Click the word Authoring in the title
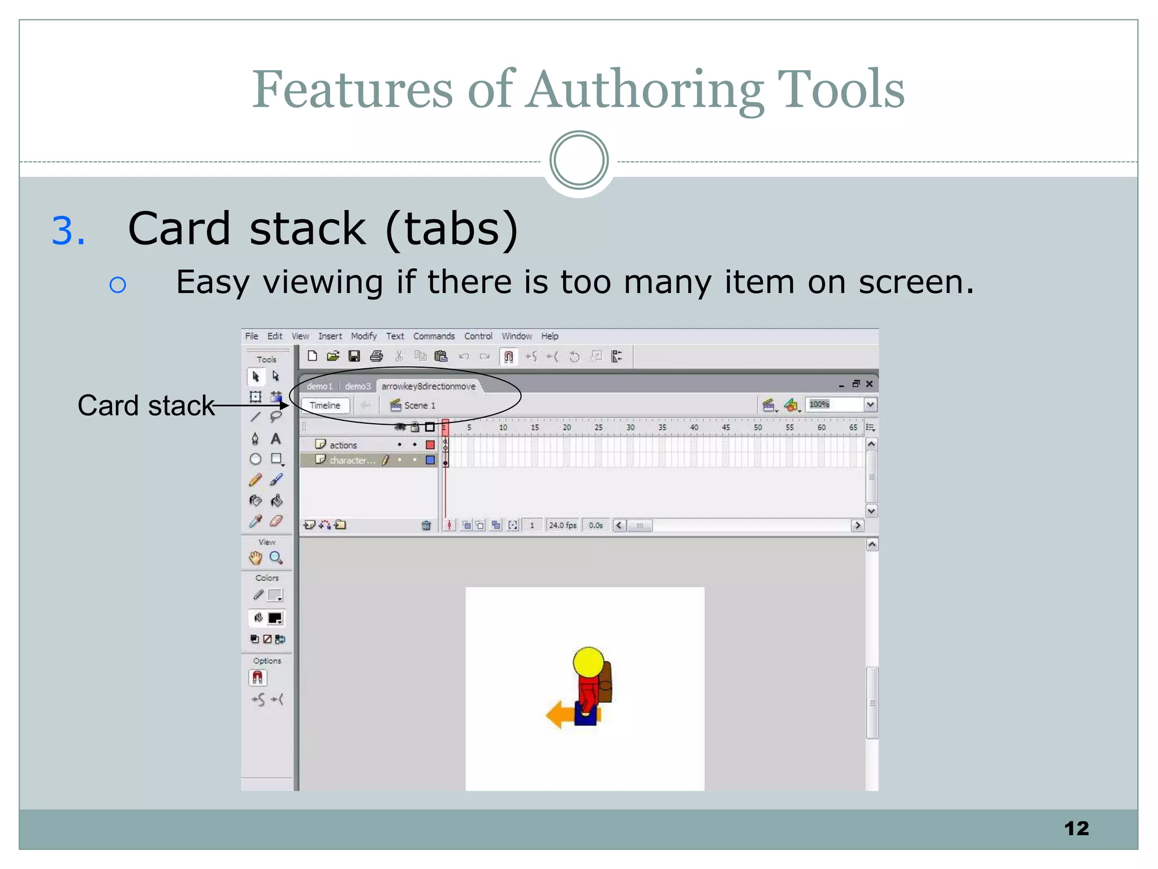pos(645,91)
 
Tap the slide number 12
pos(1076,828)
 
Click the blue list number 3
pos(68,231)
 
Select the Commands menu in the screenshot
pos(434,336)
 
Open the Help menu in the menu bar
pos(550,336)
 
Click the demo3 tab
pos(357,386)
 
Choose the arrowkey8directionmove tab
pos(429,386)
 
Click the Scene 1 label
pos(420,406)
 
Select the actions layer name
pos(343,445)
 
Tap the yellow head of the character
pos(589,662)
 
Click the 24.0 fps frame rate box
pos(563,526)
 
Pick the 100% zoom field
pos(833,405)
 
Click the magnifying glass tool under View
pos(276,558)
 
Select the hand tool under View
pos(256,558)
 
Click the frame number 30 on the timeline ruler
pos(630,428)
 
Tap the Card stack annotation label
pos(146,406)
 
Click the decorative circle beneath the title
pos(578,160)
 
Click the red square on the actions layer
pos(430,445)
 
